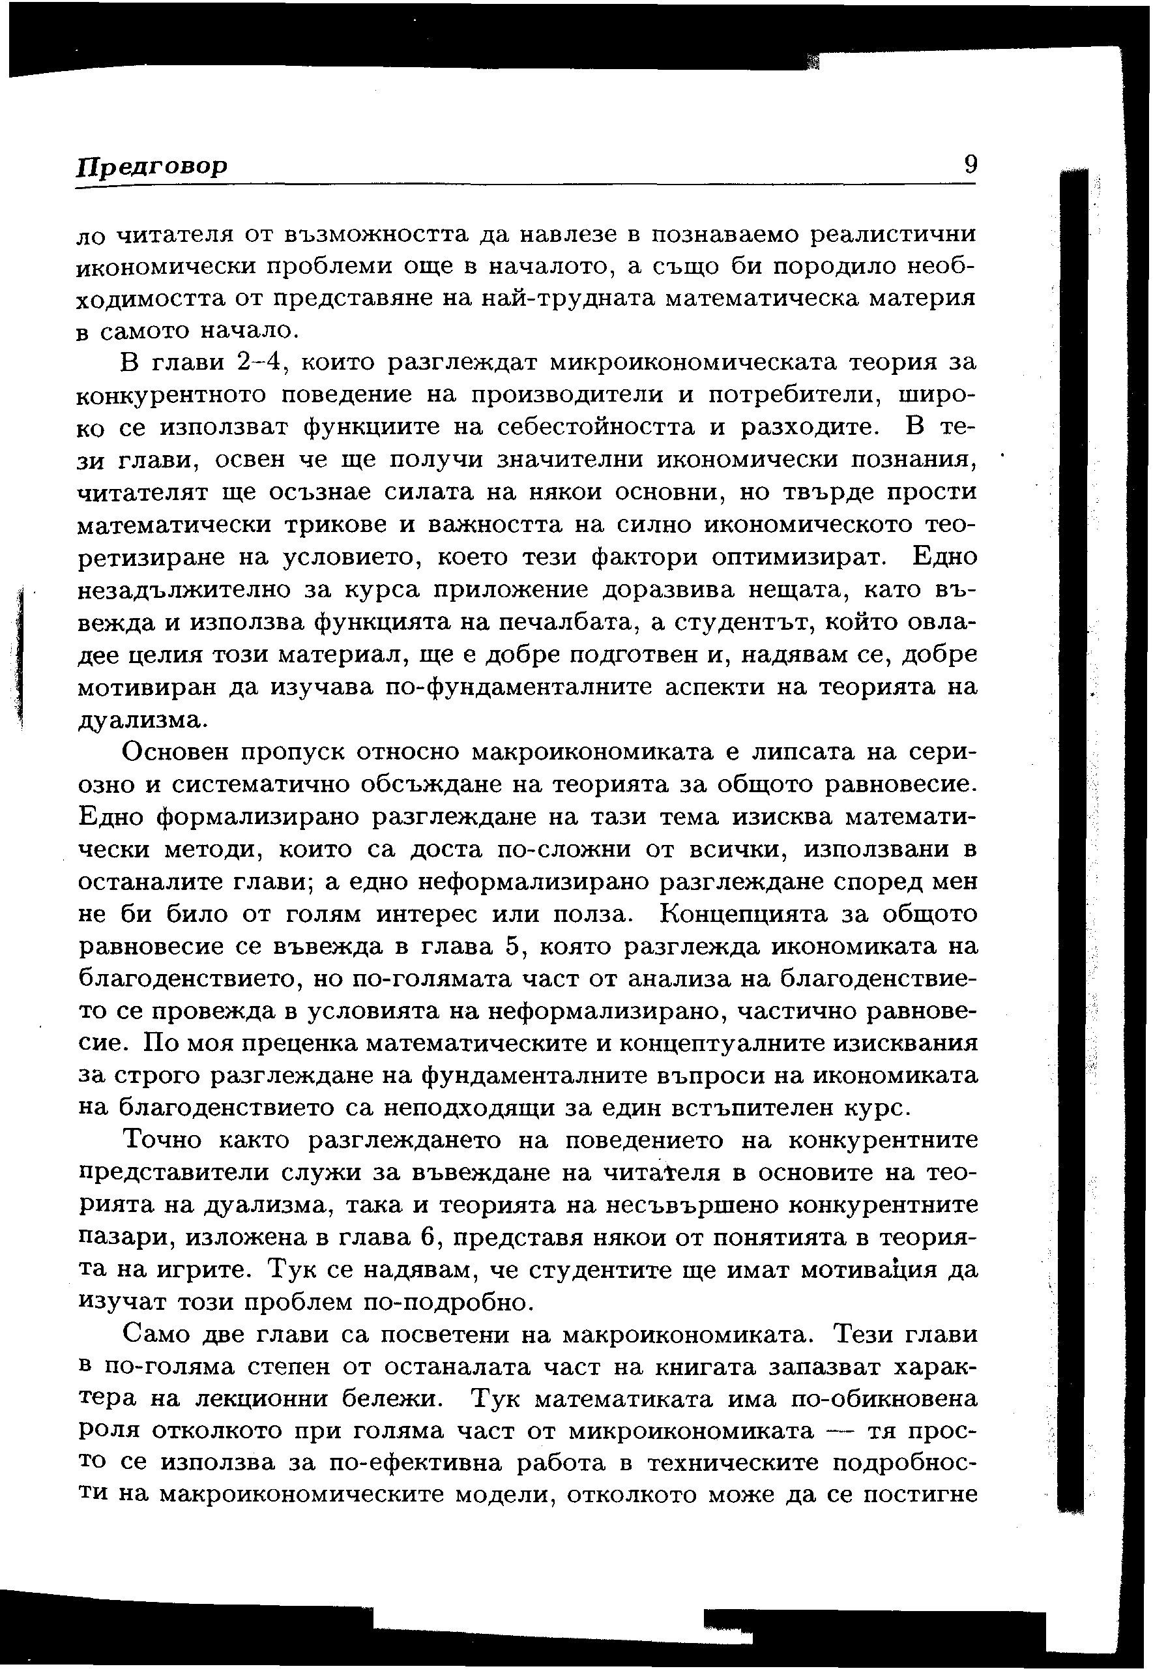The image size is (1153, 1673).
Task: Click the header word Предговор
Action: (x=152, y=166)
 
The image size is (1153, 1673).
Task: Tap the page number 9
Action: (x=971, y=165)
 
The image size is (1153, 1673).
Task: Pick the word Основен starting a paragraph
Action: (x=176, y=752)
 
